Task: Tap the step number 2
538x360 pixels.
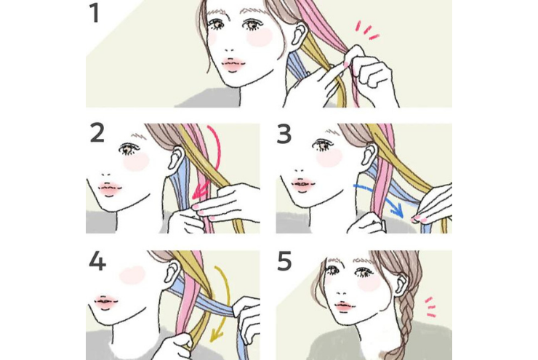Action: click(97, 133)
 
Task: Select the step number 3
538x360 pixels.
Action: click(284, 134)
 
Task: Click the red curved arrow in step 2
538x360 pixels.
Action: click(217, 161)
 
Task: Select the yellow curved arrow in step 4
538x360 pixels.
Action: click(225, 302)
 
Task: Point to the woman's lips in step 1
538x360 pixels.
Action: click(233, 65)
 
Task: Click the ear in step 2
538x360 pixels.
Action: click(177, 158)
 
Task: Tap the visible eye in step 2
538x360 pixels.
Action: click(128, 149)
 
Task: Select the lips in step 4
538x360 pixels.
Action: click(106, 302)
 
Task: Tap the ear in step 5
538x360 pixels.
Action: click(401, 286)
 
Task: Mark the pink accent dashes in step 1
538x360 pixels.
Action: click(366, 30)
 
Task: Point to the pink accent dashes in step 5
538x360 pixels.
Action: click(430, 306)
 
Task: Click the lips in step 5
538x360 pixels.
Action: click(345, 305)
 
